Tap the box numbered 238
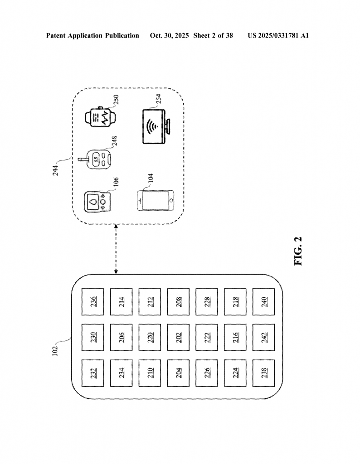pos(264,373)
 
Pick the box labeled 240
pos(264,302)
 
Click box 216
pos(235,338)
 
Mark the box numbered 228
pos(207,302)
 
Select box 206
pos(122,338)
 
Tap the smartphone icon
pos(156,200)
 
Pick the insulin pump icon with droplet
pos(97,200)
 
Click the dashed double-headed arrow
pos(117,249)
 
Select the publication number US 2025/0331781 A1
pos(278,35)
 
